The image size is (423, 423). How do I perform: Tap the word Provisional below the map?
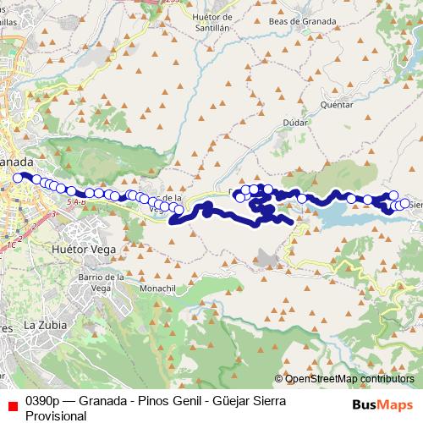tap(57, 415)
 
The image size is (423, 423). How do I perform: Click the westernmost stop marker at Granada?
tap(17, 178)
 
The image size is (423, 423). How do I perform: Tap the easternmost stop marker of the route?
tap(405, 204)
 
